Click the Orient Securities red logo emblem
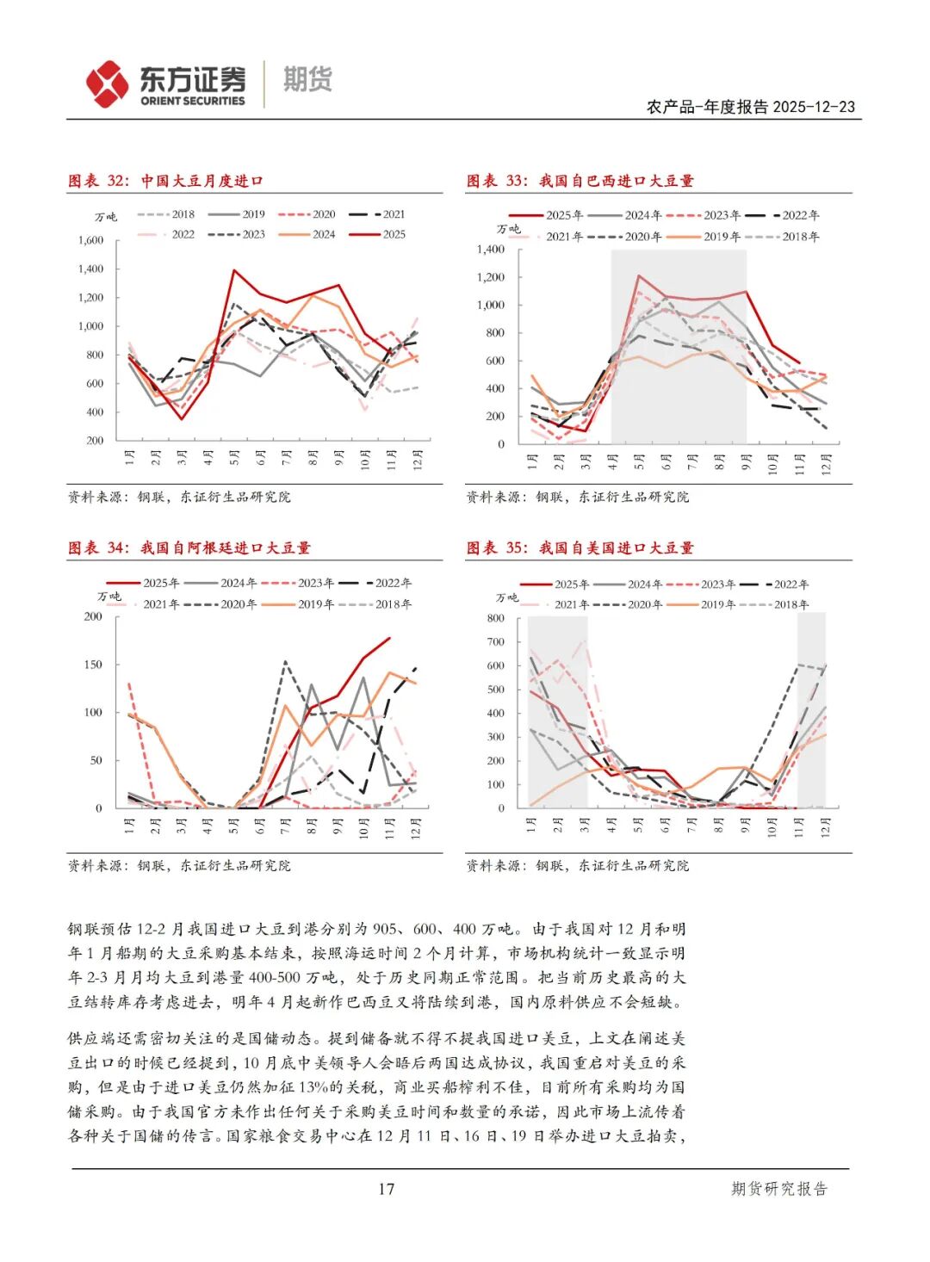pos(107,84)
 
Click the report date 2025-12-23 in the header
pos(814,107)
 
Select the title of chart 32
pos(165,181)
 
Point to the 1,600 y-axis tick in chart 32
pos(90,241)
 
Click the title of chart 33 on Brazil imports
pos(580,181)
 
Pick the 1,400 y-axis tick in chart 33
pos(490,250)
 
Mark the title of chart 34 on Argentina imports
pos(189,547)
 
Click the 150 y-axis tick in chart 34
pos(92,665)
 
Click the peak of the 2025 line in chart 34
pos(389,638)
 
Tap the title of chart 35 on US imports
pos(580,547)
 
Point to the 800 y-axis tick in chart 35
pos(495,618)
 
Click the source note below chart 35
pos(577,865)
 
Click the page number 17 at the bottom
pos(386,1189)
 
